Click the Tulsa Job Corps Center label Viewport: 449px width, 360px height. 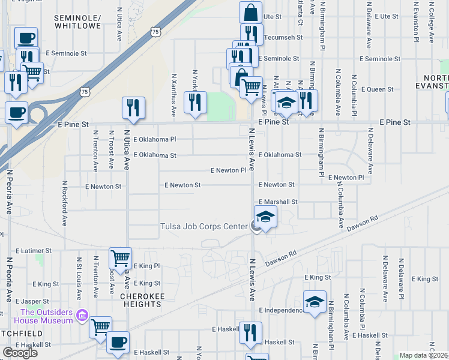[x=203, y=226]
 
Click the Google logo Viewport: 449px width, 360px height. [x=20, y=353]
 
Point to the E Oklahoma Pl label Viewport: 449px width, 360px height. [x=155, y=139]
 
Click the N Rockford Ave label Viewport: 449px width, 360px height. [x=64, y=204]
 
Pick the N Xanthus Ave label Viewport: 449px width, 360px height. [x=173, y=95]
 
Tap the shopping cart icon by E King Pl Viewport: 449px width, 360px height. [x=120, y=258]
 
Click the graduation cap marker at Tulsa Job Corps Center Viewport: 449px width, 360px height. [x=265, y=217]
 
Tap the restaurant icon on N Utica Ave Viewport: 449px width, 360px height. [x=133, y=107]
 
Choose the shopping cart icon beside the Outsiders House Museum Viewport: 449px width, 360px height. [x=100, y=327]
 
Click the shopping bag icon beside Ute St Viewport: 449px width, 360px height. [x=250, y=12]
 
